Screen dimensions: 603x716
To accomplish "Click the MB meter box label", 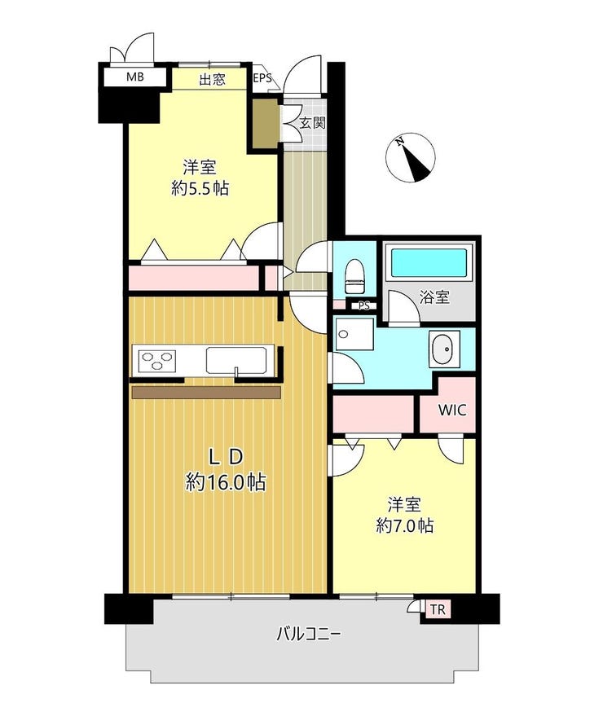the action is (x=134, y=77).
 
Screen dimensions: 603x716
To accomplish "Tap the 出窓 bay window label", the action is (x=212, y=80).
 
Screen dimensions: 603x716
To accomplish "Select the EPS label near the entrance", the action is (x=262, y=77).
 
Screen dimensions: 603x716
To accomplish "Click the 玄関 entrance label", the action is (x=312, y=122).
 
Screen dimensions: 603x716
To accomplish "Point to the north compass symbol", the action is (x=411, y=158).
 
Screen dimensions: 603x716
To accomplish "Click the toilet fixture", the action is (x=354, y=276).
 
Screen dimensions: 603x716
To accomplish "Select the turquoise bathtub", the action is (x=429, y=262).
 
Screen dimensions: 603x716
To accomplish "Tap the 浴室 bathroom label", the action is (x=434, y=297).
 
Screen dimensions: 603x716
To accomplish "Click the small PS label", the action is (x=364, y=306).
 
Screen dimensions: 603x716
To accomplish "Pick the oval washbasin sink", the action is (x=444, y=349).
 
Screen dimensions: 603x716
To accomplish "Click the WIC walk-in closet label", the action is (x=452, y=410).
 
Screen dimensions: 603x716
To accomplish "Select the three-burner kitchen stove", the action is (x=157, y=360).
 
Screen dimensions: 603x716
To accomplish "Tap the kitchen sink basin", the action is (x=236, y=360).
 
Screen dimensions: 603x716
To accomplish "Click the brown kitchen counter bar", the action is (x=206, y=393).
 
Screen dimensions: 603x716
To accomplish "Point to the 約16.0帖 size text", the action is (x=226, y=481).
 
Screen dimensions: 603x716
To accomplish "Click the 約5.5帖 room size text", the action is (x=200, y=188).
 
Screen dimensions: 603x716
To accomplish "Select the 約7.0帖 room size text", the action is (x=405, y=526).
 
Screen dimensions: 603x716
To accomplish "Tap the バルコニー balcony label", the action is (x=309, y=634).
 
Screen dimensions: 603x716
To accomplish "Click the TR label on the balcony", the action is (x=438, y=609).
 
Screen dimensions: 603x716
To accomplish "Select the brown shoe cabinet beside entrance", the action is (x=266, y=124).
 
